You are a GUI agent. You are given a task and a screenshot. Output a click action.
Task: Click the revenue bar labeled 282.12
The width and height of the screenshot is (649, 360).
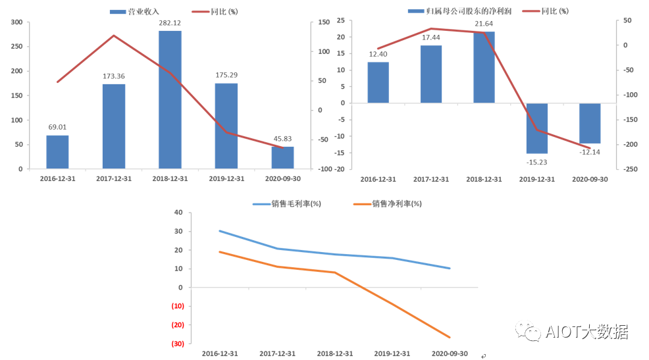pyautogui.click(x=170, y=99)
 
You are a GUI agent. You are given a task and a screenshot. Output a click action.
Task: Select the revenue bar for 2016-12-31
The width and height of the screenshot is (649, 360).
pyautogui.click(x=57, y=152)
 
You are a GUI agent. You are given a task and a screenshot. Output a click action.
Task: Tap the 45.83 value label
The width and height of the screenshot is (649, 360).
pyautogui.click(x=282, y=139)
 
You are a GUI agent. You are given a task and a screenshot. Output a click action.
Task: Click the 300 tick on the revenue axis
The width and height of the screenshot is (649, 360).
pyautogui.click(x=17, y=22)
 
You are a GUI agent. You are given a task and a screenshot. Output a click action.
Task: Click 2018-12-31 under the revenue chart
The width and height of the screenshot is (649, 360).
pyautogui.click(x=170, y=179)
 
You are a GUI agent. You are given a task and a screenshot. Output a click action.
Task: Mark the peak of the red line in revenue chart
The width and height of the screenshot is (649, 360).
pyautogui.click(x=114, y=36)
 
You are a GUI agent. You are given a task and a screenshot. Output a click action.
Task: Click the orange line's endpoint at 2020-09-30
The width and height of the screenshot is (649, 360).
pyautogui.click(x=450, y=338)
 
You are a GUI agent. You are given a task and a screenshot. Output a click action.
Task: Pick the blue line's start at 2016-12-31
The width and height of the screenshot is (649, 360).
pyautogui.click(x=219, y=231)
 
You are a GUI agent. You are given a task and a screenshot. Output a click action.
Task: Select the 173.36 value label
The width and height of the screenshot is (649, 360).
pyautogui.click(x=114, y=76)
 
